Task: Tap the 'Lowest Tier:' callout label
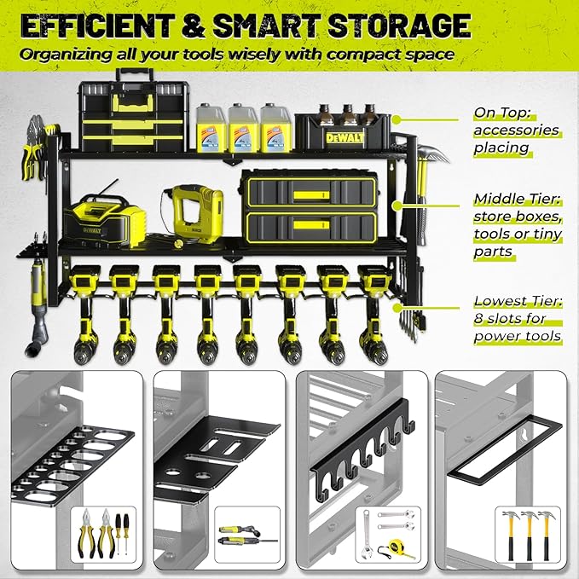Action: pos(516,301)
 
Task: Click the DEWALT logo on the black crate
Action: pos(346,137)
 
